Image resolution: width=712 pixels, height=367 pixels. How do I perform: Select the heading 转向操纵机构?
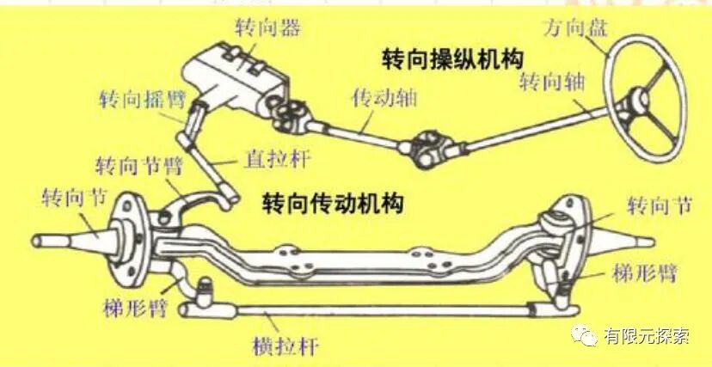click(x=454, y=58)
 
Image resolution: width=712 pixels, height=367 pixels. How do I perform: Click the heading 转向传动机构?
click(x=333, y=204)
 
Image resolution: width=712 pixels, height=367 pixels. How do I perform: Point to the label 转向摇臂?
click(x=137, y=97)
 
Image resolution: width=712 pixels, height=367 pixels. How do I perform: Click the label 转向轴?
click(x=552, y=83)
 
